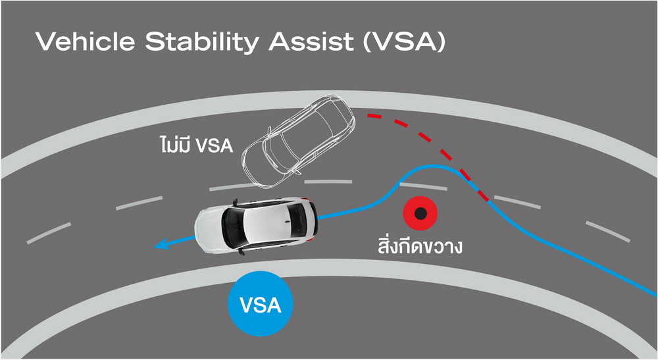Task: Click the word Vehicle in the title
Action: click(85, 41)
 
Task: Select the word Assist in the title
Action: click(311, 41)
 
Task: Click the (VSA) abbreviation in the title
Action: click(404, 42)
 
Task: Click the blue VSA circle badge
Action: click(260, 304)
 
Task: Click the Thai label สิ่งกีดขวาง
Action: click(420, 245)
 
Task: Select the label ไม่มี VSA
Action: click(196, 144)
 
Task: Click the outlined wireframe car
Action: click(299, 141)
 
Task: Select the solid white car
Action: click(256, 226)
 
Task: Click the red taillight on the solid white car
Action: click(311, 240)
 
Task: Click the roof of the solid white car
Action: click(265, 224)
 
